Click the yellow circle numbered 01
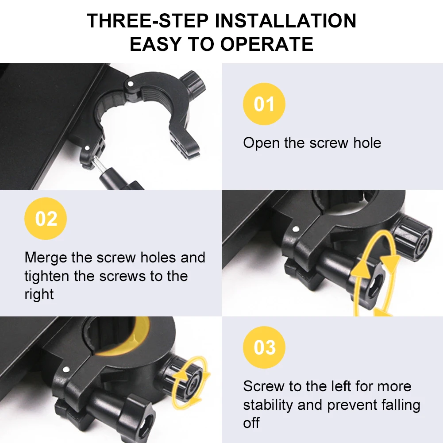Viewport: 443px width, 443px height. [x=264, y=104]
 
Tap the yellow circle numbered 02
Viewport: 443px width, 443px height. [x=46, y=218]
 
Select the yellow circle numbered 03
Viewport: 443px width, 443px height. [x=264, y=347]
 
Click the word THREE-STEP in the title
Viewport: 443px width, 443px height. [x=147, y=21]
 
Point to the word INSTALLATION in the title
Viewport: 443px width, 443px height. [x=285, y=21]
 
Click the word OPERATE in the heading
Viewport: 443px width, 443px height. [x=267, y=44]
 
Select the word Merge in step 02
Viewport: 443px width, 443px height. [x=46, y=258]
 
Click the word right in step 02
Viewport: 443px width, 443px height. [x=39, y=294]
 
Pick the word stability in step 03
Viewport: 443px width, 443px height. [x=268, y=404]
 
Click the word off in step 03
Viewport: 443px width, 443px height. [x=251, y=423]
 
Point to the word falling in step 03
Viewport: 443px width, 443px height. [x=401, y=404]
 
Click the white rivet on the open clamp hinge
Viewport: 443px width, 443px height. [x=130, y=84]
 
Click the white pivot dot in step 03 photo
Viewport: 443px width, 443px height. [x=66, y=369]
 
